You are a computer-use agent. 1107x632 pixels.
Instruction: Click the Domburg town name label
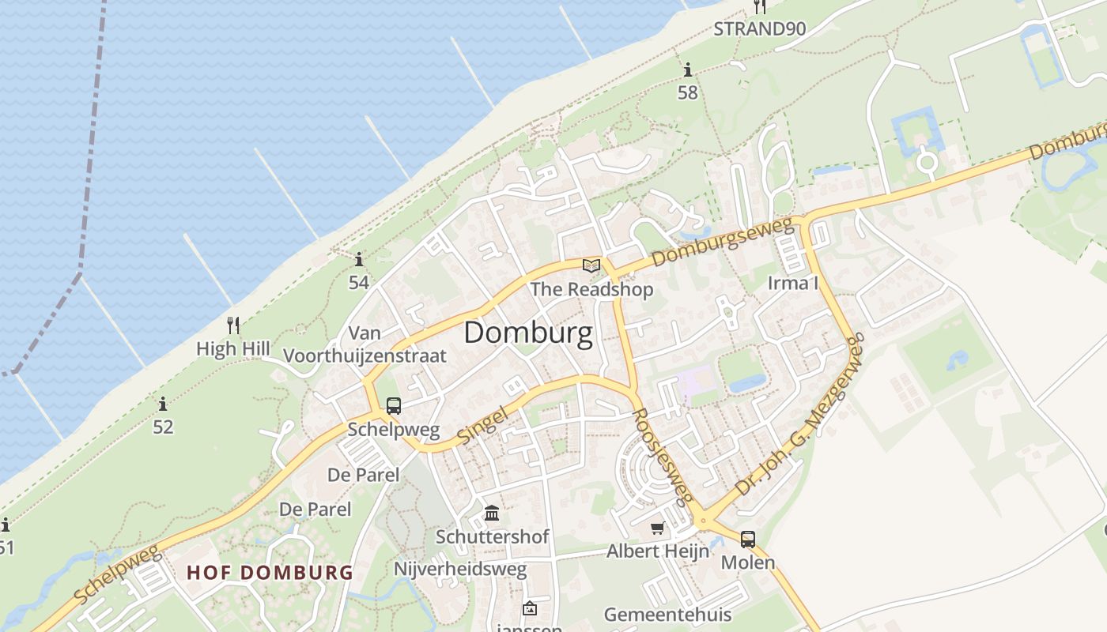[528, 333]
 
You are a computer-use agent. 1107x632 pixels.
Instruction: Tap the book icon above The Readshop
[591, 266]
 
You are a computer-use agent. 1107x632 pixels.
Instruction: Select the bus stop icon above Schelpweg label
[394, 406]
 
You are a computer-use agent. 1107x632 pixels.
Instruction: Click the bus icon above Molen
[747, 540]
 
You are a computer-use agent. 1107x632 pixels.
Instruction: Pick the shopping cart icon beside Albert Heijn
[657, 528]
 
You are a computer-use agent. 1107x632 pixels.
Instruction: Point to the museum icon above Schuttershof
[492, 513]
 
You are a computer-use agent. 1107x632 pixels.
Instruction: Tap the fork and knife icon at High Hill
[233, 325]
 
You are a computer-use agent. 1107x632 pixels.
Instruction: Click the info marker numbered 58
[687, 70]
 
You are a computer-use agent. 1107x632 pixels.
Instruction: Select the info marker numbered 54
[359, 259]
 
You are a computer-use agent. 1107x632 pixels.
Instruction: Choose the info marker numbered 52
[163, 404]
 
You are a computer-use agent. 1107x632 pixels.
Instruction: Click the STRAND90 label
[759, 29]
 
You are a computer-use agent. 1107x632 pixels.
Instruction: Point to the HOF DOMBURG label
[270, 572]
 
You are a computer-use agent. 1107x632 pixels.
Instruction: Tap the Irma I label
[793, 283]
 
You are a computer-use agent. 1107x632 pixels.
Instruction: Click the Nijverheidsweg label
[460, 570]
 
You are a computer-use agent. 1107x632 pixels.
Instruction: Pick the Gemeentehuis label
[667, 614]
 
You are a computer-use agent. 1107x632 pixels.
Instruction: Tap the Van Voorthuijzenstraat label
[365, 344]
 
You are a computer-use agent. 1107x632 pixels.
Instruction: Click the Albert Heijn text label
[657, 551]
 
